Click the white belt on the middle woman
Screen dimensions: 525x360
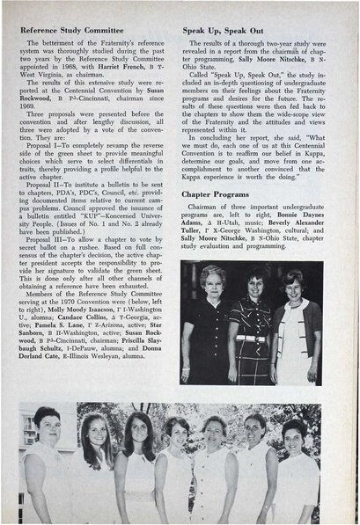click(x=252, y=339)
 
